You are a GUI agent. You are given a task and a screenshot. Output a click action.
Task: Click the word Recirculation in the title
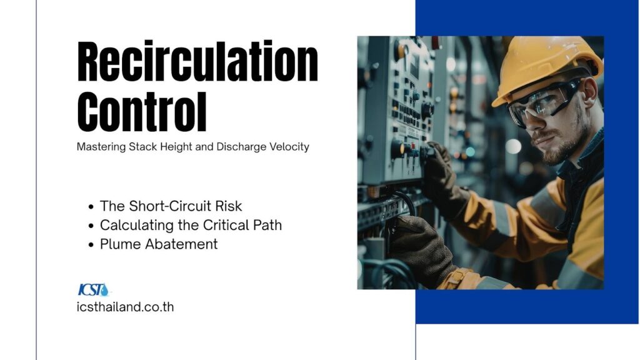tap(197, 61)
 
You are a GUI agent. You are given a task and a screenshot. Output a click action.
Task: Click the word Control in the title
tap(142, 111)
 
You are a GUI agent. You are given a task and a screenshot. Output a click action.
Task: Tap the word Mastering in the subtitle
tap(101, 147)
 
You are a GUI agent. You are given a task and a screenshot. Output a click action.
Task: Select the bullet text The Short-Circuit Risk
tap(171, 206)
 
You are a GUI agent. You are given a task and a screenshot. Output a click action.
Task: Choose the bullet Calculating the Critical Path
tap(191, 225)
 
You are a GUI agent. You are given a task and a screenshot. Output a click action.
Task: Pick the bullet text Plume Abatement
tap(159, 244)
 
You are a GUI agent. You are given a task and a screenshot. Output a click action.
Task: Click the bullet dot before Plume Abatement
tap(91, 245)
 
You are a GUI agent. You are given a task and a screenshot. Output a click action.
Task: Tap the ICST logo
tap(94, 289)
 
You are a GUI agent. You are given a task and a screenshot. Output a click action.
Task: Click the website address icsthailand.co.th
tap(125, 307)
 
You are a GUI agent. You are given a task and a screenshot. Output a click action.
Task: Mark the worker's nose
tap(532, 122)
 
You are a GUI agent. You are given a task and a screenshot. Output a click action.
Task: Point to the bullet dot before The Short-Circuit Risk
tap(91, 207)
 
